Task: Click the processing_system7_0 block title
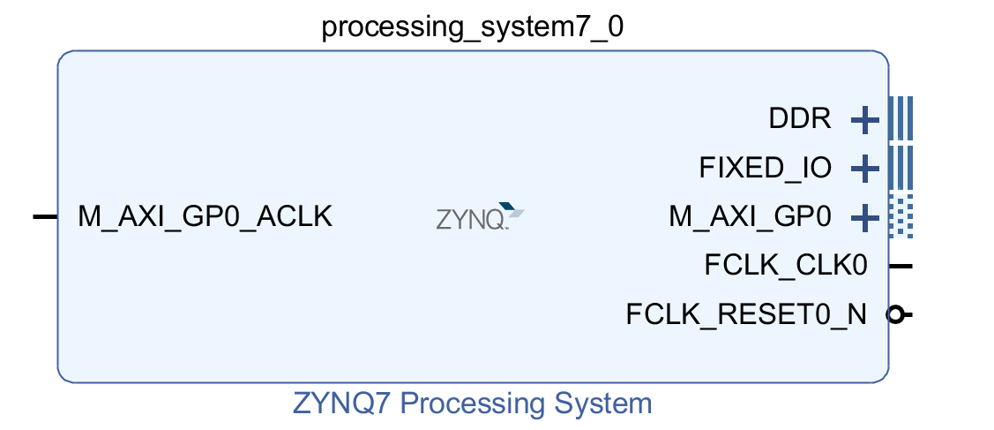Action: coord(472,28)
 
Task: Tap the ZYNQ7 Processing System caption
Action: coord(472,404)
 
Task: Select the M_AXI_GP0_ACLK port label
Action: coord(205,217)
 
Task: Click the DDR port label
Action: coord(800,118)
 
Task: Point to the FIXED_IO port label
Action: coord(766,168)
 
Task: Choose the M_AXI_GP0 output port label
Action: coord(750,217)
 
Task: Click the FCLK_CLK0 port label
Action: coord(786,266)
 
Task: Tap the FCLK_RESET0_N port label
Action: coord(746,314)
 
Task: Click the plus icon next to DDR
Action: coord(864,120)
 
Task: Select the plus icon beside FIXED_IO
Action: coord(864,170)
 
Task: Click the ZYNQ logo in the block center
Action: coord(480,216)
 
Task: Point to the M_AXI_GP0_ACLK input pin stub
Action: coord(45,217)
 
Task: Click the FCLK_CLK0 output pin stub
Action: coord(901,267)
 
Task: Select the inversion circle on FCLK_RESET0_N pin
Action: coord(895,314)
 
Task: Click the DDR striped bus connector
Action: coord(901,118)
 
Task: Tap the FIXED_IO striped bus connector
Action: coord(901,168)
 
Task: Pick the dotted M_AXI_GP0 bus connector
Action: coord(901,217)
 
